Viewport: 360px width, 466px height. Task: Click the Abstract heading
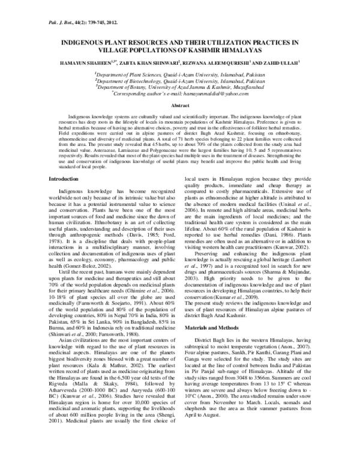click(x=181, y=105)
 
